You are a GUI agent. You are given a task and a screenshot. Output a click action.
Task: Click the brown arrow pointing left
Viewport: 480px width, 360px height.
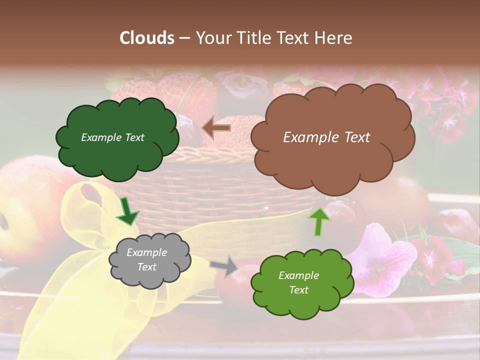click(x=216, y=127)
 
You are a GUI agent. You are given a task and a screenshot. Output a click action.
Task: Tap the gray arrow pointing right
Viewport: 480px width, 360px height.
click(x=224, y=266)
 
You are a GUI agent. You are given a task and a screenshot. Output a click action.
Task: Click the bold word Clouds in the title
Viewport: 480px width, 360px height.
click(x=147, y=38)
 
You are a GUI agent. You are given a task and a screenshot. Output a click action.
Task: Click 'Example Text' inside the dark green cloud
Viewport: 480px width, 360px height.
click(x=112, y=137)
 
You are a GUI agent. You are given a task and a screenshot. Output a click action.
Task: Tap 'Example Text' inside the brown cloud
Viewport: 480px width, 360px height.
click(x=326, y=137)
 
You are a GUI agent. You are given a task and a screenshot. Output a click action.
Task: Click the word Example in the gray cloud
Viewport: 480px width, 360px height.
click(x=146, y=252)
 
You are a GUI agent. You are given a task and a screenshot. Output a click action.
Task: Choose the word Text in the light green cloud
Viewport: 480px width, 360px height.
click(x=299, y=290)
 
